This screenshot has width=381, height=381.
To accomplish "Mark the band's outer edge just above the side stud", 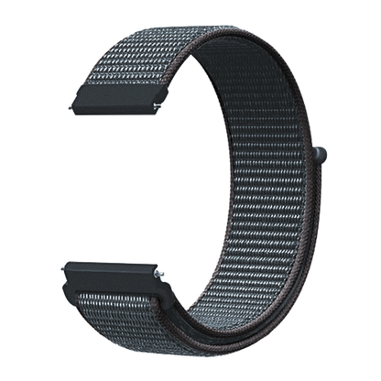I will (x=316, y=128).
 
